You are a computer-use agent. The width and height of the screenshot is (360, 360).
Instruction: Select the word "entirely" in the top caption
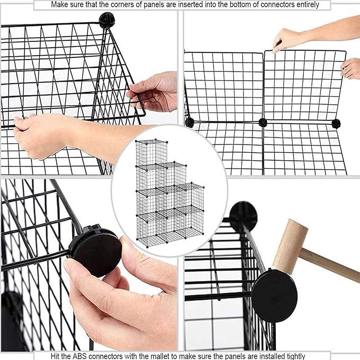[306, 5]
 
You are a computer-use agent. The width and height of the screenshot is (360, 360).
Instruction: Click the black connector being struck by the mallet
[274, 294]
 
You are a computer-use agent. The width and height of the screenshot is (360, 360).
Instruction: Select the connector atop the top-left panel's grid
[106, 20]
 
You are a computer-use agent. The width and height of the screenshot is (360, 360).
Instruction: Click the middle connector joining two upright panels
[262, 122]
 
